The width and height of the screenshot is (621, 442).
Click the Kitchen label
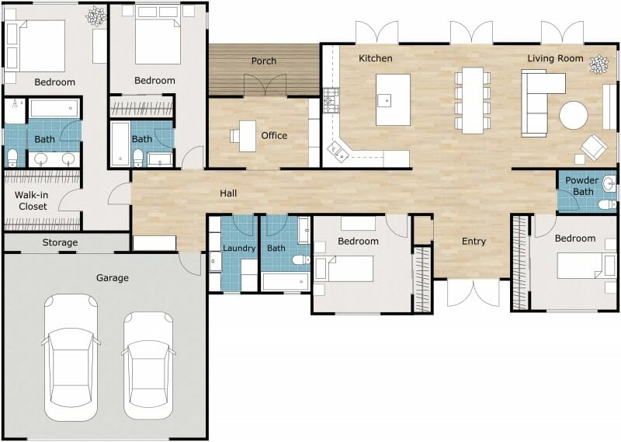pos(375,58)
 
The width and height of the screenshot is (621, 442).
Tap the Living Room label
pos(555,58)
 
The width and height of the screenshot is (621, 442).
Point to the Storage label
pos(60,242)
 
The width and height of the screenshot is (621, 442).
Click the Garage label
pos(112,277)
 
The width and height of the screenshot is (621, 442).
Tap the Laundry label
pos(239,249)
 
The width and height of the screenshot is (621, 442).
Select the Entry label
pos(474,242)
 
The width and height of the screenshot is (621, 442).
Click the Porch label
pos(264,61)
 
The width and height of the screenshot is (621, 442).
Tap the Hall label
pos(227,193)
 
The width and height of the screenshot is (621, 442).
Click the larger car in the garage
pos(71,357)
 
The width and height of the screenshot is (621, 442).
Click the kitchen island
pos(393,99)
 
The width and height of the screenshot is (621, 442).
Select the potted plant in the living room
pos(598,64)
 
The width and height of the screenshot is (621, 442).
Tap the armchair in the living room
pos(595,146)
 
